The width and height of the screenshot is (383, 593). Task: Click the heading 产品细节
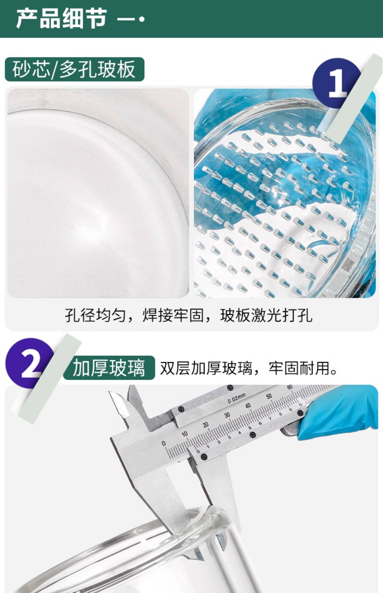click(62, 18)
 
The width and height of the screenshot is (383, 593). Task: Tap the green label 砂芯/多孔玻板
click(75, 69)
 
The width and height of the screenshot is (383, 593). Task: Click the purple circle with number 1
click(337, 83)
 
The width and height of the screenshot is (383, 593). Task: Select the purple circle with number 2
click(30, 363)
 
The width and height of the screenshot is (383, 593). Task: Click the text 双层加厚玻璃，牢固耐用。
click(249, 368)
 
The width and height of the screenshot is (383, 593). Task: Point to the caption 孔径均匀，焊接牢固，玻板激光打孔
click(189, 315)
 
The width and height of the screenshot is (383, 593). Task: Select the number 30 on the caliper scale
click(227, 415)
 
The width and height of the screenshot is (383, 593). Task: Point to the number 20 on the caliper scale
click(206, 424)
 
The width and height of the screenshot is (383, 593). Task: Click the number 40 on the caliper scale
click(248, 406)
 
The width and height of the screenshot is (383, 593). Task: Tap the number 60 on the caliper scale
click(290, 387)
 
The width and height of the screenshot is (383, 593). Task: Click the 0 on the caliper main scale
click(164, 444)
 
